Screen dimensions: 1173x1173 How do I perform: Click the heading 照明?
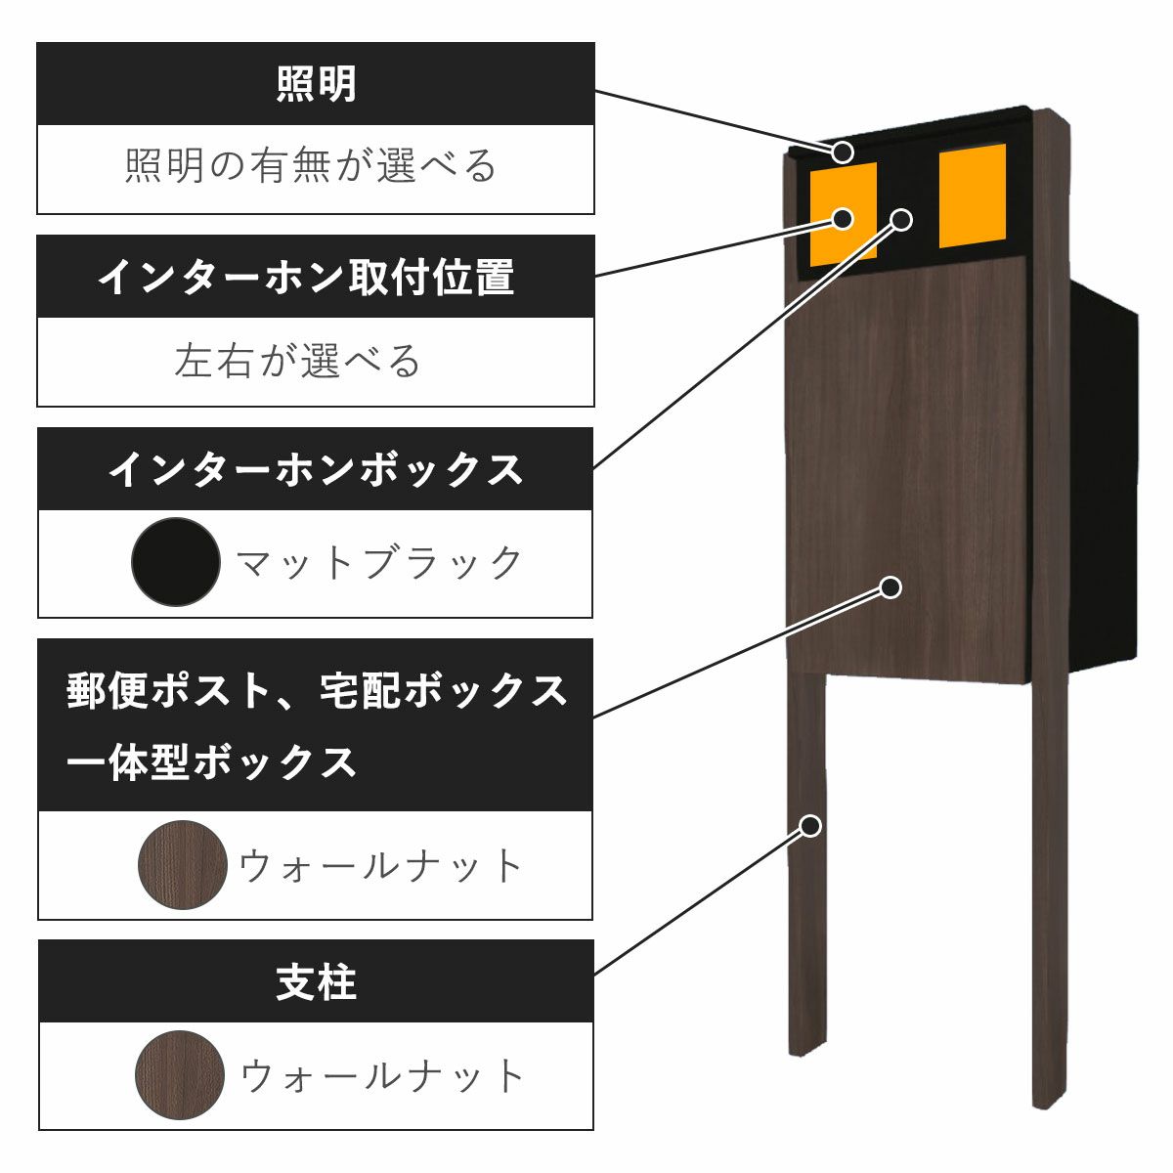click(316, 84)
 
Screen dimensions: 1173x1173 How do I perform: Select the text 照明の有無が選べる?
click(311, 166)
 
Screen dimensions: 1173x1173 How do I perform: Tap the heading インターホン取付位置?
click(306, 278)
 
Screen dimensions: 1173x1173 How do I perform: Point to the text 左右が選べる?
click(298, 361)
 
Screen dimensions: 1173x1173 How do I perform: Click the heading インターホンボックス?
click(316, 469)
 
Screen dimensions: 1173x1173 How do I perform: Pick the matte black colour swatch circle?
click(176, 562)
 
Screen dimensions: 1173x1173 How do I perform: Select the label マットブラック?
click(380, 563)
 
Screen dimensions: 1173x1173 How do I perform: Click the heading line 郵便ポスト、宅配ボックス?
click(317, 690)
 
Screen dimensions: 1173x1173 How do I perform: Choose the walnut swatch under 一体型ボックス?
click(183, 864)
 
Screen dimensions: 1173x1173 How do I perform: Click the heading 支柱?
click(316, 982)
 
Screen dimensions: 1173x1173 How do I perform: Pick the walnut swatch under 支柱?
click(180, 1075)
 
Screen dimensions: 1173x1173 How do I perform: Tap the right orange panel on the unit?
click(972, 195)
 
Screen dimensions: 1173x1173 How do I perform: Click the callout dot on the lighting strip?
click(844, 152)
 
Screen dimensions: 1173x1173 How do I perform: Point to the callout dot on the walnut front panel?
click(891, 587)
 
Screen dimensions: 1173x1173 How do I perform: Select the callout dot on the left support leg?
click(809, 825)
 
